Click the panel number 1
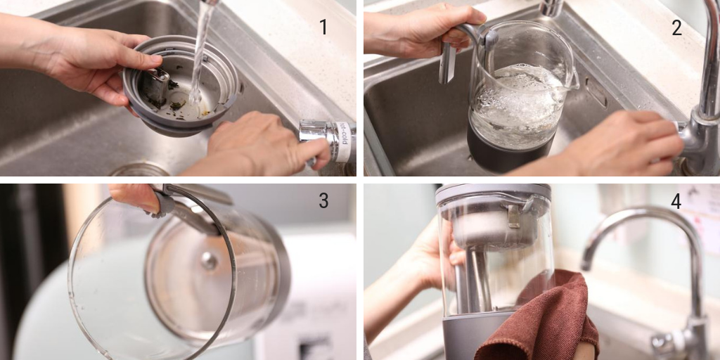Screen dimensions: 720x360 pos(323,27)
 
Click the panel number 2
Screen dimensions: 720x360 pos(676,27)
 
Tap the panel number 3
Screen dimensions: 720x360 pos(323,200)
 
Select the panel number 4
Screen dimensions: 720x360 pos(676,200)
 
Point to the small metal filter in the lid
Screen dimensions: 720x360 pos(155,87)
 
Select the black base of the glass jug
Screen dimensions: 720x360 pos(509,148)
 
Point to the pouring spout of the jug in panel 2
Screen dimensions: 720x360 pos(571,79)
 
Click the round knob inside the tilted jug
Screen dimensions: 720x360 pos(209,260)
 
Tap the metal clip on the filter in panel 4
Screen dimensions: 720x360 pos(514,217)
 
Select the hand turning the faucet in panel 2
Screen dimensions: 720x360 pos(611,142)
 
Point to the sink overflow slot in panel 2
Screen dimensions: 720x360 pos(596,92)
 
